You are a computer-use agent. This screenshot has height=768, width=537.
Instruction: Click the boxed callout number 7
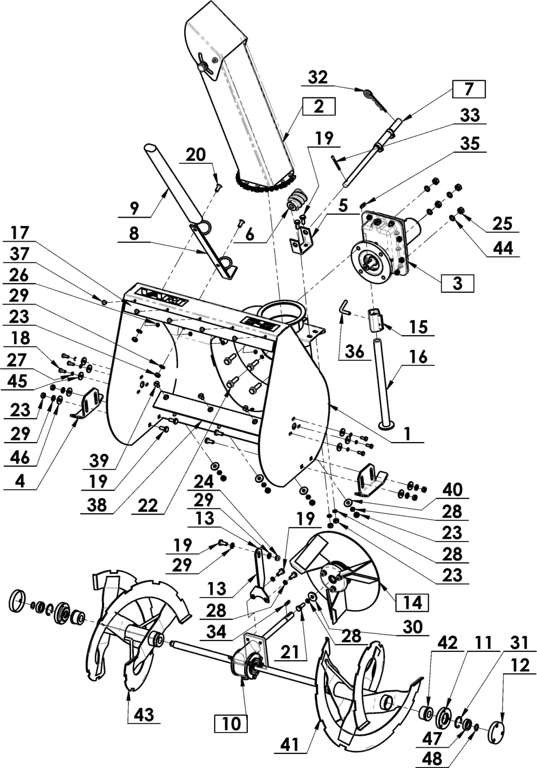point(468,89)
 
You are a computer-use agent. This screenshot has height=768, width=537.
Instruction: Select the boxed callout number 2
point(318,106)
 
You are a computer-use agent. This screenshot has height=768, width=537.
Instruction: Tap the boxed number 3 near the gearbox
point(457,283)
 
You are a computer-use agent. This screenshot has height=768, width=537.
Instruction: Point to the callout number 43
point(144,714)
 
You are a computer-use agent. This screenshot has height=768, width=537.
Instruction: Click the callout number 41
point(290,744)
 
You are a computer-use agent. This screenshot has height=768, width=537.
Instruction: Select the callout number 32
point(318,77)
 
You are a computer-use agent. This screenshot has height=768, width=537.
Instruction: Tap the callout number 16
point(418,357)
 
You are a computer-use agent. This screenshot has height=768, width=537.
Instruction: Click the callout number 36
point(354,352)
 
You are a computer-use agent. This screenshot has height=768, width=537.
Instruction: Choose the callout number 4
point(20,481)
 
